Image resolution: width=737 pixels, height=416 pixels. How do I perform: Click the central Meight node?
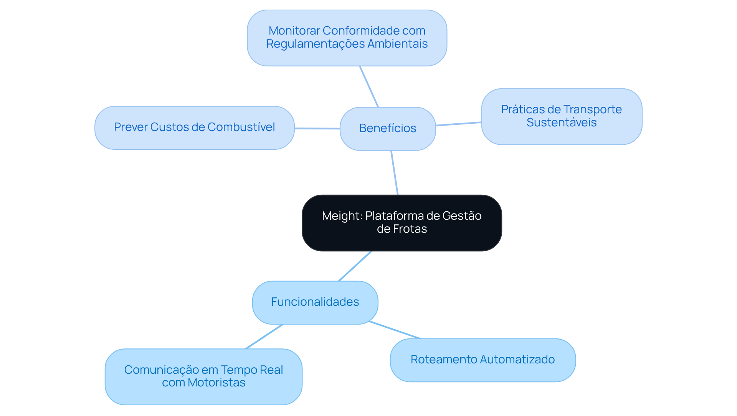coord(402,223)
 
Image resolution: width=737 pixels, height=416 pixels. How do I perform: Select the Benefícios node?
coord(388,128)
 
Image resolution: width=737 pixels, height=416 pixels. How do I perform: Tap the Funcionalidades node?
coord(315,302)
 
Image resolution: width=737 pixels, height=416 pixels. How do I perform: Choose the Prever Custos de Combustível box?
coord(194,128)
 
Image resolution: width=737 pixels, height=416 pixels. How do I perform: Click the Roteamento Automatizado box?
coord(483,360)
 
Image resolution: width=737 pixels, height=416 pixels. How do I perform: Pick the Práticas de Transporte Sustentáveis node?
coord(561,116)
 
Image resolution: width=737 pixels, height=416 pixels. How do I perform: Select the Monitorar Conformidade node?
coord(347,38)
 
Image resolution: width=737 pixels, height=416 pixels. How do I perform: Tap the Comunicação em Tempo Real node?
coord(203,376)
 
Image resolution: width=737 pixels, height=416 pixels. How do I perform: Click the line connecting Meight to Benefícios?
coord(395,173)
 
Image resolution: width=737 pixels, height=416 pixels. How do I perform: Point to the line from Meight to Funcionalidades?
coord(355,266)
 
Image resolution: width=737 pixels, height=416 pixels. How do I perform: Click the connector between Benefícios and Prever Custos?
coord(317,128)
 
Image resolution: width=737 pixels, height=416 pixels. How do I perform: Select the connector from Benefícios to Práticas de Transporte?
coord(458,124)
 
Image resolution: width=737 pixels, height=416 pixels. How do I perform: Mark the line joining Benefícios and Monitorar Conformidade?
coord(369,86)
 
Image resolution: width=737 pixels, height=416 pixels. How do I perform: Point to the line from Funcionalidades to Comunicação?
coord(264,336)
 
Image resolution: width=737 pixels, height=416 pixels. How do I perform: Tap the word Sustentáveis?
coord(561,123)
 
